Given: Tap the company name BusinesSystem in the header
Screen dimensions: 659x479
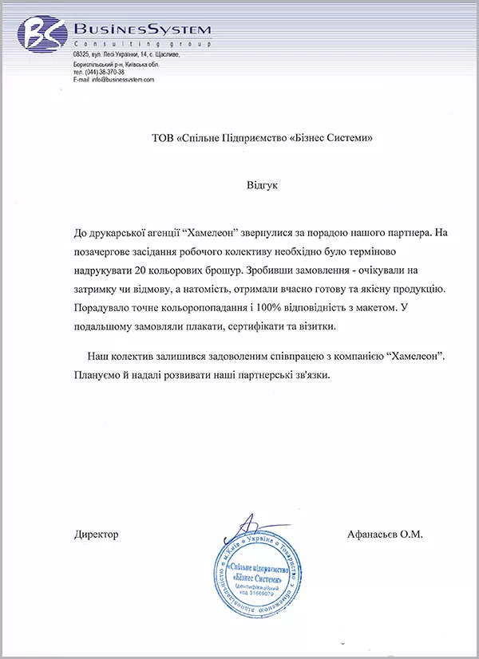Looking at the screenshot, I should (x=141, y=30).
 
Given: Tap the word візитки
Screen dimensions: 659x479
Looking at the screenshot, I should (x=319, y=327).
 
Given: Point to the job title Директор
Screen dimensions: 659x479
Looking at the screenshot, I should (x=96, y=534).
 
